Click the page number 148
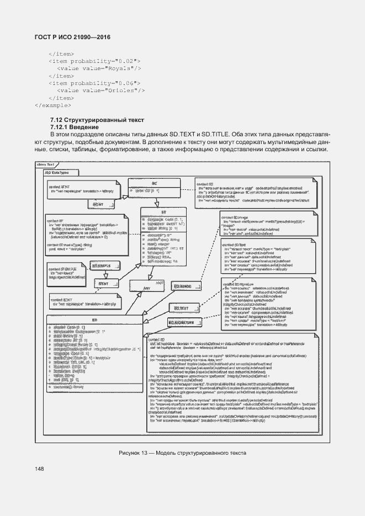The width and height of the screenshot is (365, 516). coord(39,469)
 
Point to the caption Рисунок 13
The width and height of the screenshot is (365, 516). coord(182,453)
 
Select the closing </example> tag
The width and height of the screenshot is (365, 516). coord(52,104)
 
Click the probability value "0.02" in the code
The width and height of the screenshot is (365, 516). coord(123,61)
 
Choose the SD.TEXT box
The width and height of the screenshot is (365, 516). coord(181,308)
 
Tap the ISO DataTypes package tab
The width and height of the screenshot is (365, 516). coord(53,172)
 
